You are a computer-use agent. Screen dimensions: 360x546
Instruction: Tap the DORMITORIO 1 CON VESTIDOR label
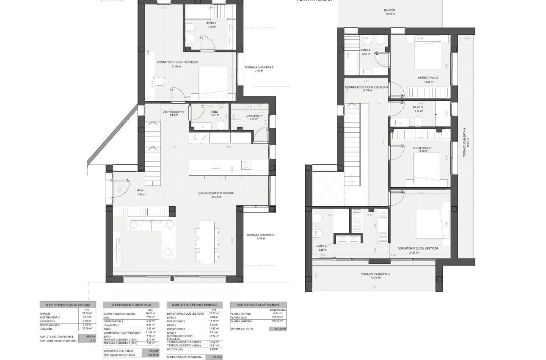[x=177, y=62]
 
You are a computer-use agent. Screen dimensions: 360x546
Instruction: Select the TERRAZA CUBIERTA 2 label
[x=259, y=67]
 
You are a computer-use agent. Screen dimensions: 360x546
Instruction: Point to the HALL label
[x=141, y=191]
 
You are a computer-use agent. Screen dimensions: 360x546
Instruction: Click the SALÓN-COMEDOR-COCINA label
[x=216, y=193]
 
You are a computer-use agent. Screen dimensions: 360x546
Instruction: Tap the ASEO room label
[x=214, y=112]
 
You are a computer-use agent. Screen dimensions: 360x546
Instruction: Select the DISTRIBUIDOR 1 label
[x=173, y=112]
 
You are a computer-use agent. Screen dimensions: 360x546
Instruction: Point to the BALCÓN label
[x=389, y=10]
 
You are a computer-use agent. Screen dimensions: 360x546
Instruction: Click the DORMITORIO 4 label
[x=428, y=78]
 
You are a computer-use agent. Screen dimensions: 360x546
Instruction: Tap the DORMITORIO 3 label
[x=422, y=148]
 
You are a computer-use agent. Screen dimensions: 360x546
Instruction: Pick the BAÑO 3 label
[x=418, y=108]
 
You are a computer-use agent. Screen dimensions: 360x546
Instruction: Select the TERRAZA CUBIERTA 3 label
[x=375, y=274]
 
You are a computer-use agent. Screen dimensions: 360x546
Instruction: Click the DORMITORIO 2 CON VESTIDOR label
[x=418, y=249]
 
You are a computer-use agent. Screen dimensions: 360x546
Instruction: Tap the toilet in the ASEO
[x=220, y=124]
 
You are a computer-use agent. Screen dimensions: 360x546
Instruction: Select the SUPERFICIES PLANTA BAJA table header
[x=131, y=305]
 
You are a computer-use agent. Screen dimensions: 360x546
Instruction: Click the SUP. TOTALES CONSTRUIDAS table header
[x=258, y=305]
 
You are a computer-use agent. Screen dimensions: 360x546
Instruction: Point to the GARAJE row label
[x=45, y=314]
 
